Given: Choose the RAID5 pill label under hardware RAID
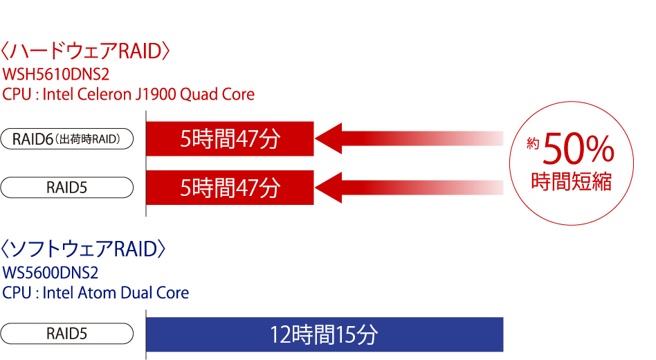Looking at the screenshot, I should coord(67,188).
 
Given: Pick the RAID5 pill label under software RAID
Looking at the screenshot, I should coord(67,334).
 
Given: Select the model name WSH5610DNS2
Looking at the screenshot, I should coord(56,74).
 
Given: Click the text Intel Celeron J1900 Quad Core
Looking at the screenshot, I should coord(149,94).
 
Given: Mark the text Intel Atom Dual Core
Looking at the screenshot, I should coord(116,293).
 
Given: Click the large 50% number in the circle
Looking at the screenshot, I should coord(578,150).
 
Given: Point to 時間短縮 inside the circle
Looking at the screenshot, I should coord(571,181).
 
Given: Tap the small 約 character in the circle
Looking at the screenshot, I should coord(532,144).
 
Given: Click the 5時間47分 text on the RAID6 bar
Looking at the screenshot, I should coord(230,139).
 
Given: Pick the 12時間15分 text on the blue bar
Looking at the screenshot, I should coord(324,335).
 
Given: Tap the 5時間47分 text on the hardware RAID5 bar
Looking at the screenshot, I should coord(230,188).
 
